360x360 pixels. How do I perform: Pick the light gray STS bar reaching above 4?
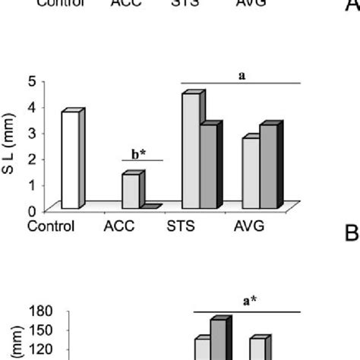coord(191,150)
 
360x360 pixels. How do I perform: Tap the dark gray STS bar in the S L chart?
coord(209,166)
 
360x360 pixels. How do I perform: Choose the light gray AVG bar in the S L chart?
coord(251,172)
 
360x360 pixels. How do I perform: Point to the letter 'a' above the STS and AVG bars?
coord(242,76)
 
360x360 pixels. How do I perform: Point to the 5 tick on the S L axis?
coord(31,81)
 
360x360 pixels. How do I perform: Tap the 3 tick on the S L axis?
coord(31,133)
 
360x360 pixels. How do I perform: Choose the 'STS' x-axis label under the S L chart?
coord(182,226)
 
